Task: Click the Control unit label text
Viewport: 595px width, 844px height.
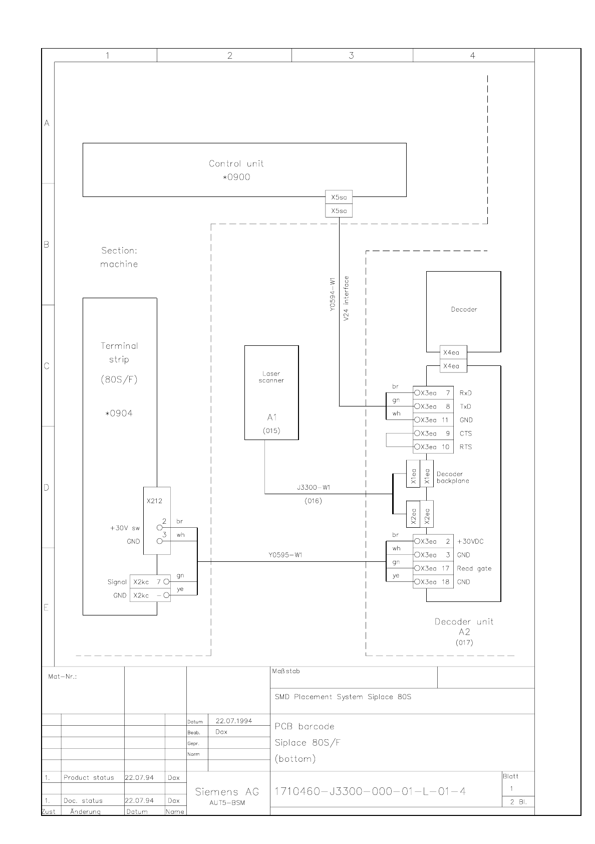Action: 236,163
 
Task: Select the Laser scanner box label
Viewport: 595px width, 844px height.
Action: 271,377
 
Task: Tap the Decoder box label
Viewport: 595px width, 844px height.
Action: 464,309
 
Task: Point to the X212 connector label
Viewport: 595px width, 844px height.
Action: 154,501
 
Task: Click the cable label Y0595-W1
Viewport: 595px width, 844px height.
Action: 285,555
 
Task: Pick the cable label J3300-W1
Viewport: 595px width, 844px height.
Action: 314,487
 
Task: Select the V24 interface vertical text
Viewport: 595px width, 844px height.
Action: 346,298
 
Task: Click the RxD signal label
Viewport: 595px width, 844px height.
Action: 465,393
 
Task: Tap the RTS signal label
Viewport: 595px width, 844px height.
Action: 465,447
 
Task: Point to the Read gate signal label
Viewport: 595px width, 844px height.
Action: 474,568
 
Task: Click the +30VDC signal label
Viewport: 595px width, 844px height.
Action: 470,541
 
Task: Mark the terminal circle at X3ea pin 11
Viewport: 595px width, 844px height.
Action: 417,419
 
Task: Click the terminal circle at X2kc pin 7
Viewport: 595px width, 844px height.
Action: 166,582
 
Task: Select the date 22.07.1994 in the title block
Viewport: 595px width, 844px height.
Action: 234,721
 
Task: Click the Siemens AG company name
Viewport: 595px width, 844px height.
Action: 227,792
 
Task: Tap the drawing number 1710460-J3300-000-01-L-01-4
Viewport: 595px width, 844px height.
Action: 370,791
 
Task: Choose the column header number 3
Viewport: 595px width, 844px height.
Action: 352,56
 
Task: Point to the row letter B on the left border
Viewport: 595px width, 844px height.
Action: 46,245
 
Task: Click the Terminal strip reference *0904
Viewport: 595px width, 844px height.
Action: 119,413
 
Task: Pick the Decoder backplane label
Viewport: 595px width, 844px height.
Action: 453,478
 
